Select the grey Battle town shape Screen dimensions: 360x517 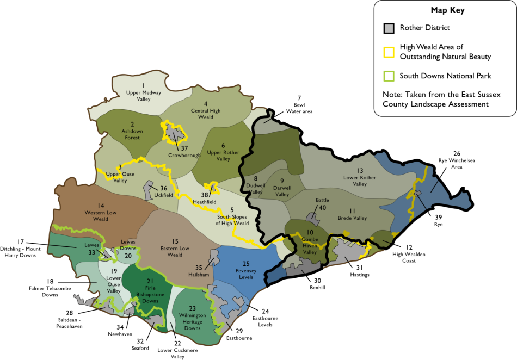coord(314,218)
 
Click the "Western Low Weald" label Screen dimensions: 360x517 coord(101,215)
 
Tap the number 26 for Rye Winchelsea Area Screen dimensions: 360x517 coord(457,153)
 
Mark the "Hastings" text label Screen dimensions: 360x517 coord(359,275)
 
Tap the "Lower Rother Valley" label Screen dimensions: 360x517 coord(360,181)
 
